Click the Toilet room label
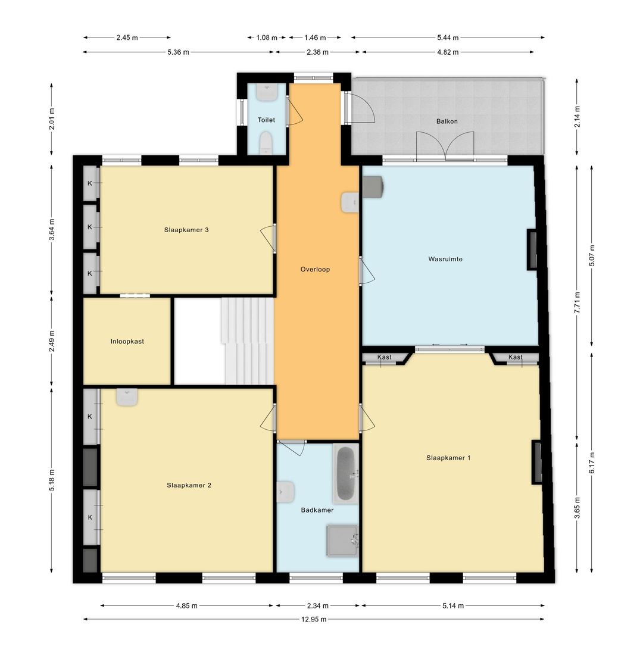coord(266,120)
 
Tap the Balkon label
coord(447,121)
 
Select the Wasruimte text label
coord(445,259)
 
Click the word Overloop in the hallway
coord(315,270)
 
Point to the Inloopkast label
coord(127,341)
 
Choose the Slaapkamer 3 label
coord(186,230)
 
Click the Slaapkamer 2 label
coord(189,485)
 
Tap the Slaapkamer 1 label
coord(448,458)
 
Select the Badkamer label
coord(317,510)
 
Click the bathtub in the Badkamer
coord(345,474)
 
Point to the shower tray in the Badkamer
coord(342,541)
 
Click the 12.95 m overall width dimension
coord(314,619)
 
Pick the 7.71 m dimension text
coord(577,302)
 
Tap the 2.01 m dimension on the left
coord(52,119)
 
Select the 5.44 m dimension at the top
coord(448,38)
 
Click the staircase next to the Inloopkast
coord(248,341)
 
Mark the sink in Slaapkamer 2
coord(127,397)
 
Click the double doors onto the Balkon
coord(445,146)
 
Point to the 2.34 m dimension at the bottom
coord(317,605)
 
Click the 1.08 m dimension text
coord(267,38)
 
